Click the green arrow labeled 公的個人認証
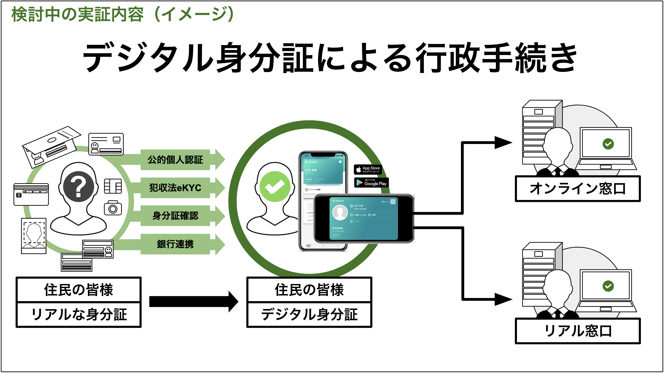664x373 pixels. click(175, 160)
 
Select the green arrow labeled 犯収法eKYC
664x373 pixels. click(175, 188)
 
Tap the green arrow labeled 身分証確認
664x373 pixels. click(175, 216)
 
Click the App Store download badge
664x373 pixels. click(368, 169)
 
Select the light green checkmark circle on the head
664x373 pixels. click(275, 186)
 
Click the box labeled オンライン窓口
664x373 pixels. click(577, 189)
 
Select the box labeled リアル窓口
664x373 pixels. click(577, 331)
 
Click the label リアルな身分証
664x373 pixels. click(79, 315)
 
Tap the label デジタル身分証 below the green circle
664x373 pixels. click(309, 315)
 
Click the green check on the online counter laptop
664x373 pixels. click(608, 144)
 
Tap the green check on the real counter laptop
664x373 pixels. click(608, 286)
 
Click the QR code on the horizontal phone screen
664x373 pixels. click(393, 202)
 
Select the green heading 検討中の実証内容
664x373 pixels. click(77, 14)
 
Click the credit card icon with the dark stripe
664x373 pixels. click(31, 195)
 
